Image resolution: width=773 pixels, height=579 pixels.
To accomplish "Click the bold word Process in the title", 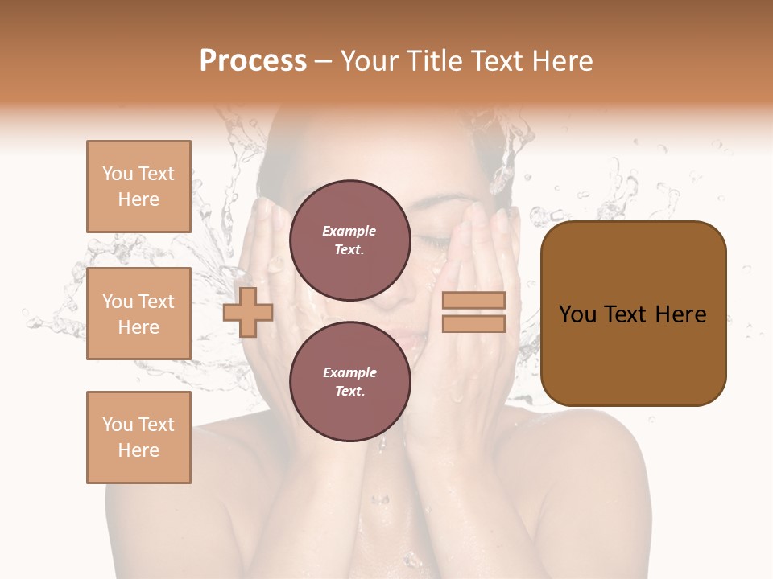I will pyautogui.click(x=253, y=61).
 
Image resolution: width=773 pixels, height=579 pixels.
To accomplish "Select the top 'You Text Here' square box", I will pyautogui.click(x=138, y=187).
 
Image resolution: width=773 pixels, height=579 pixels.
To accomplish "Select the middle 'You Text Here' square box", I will pyautogui.click(x=138, y=314).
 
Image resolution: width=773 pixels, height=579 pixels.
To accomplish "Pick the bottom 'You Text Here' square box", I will pyautogui.click(x=138, y=437).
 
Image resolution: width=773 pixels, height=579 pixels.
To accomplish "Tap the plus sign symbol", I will pyautogui.click(x=248, y=313).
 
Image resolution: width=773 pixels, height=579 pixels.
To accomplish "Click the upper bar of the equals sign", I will pyautogui.click(x=473, y=301).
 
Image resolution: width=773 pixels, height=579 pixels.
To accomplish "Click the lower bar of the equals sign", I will pyautogui.click(x=473, y=323).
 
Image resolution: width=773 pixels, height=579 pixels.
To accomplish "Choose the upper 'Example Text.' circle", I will pyautogui.click(x=349, y=240).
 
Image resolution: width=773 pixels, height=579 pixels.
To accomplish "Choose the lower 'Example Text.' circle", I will pyautogui.click(x=349, y=381).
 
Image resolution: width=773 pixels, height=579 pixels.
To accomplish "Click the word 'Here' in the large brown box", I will pyautogui.click(x=680, y=314).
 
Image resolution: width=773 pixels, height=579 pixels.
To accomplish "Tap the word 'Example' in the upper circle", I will pyautogui.click(x=349, y=231).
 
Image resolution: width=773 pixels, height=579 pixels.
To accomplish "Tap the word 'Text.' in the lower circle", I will pyautogui.click(x=349, y=391).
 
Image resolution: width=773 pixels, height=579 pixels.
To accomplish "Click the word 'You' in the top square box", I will pyautogui.click(x=118, y=174).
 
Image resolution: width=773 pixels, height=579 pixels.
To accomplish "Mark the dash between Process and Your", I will pyautogui.click(x=324, y=62).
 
